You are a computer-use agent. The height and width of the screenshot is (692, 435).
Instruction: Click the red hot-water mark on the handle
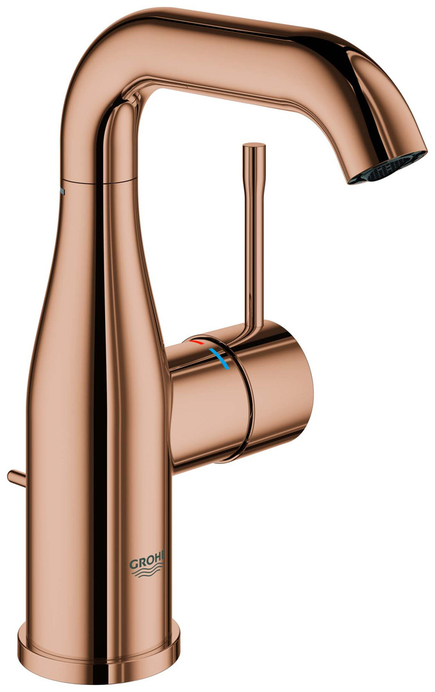click(x=196, y=342)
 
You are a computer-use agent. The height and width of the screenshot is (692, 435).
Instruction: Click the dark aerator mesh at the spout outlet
click(x=388, y=167)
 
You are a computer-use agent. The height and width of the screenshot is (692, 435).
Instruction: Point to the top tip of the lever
click(x=254, y=145)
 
